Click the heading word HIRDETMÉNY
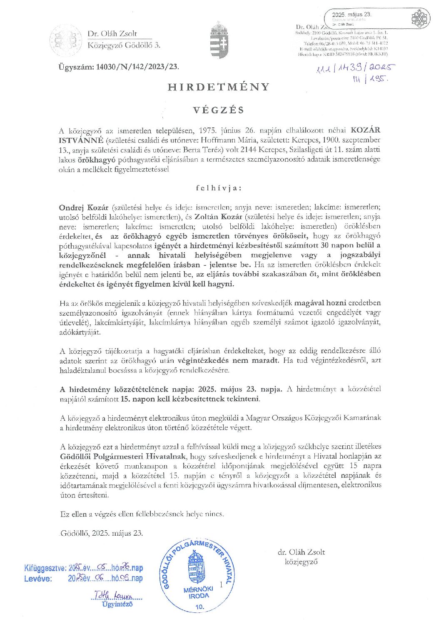pyautogui.click(x=219, y=87)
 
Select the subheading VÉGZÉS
pyautogui.click(x=219, y=110)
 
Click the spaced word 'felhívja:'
pyautogui.click(x=219, y=188)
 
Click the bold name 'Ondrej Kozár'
pyautogui.click(x=84, y=207)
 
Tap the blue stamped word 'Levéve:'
pyautogui.click(x=38, y=579)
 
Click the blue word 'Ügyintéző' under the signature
pyautogui.click(x=117, y=604)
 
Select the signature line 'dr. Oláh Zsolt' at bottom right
pyautogui.click(x=301, y=552)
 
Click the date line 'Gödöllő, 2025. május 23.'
pyautogui.click(x=101, y=533)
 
